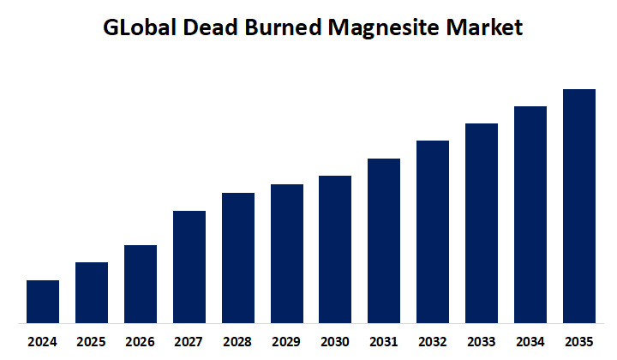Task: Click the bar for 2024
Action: click(x=43, y=302)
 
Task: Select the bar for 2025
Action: click(x=92, y=292)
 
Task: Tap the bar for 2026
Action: click(x=141, y=284)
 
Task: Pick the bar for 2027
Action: click(x=189, y=267)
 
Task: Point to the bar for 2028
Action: click(x=238, y=258)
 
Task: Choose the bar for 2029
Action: click(x=287, y=254)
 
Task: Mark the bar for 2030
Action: click(x=335, y=249)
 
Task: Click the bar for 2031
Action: click(x=384, y=241)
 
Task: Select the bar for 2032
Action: click(x=433, y=231)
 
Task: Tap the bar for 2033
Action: click(x=482, y=223)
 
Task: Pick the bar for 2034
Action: click(x=530, y=214)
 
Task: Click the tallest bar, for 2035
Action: click(x=579, y=206)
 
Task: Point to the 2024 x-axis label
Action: click(x=43, y=341)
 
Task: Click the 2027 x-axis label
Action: click(x=189, y=341)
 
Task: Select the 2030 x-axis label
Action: click(x=335, y=341)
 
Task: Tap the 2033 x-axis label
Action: click(x=482, y=341)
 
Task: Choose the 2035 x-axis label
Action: click(x=579, y=341)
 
